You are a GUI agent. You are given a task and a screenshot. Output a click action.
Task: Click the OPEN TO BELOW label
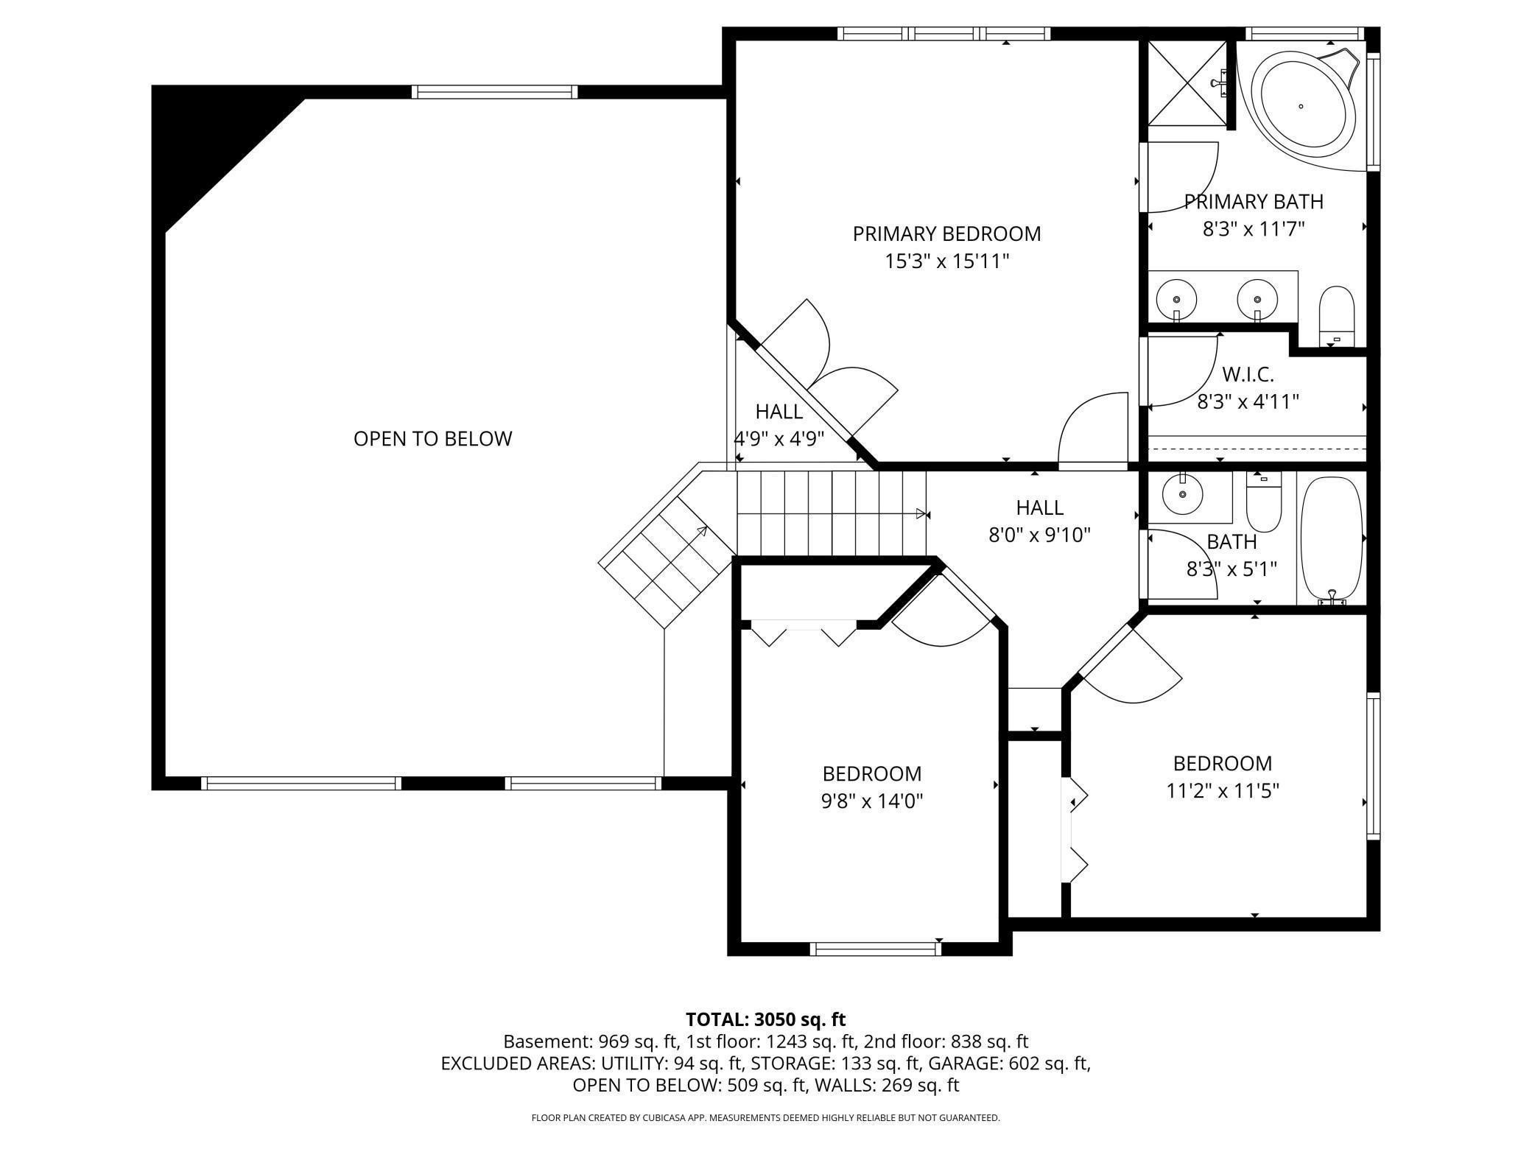tap(432, 438)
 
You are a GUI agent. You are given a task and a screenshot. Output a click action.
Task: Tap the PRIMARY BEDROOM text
tap(946, 233)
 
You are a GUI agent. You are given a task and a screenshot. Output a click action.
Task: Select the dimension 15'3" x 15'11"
tap(946, 261)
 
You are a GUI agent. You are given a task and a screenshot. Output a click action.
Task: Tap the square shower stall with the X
tap(1188, 83)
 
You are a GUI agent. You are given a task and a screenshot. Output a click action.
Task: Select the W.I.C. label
tap(1248, 374)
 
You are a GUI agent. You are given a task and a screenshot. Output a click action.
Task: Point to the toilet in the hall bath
tap(1264, 502)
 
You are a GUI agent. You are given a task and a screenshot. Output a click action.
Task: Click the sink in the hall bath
tap(1183, 494)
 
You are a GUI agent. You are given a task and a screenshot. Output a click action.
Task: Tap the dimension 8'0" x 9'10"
tap(1039, 535)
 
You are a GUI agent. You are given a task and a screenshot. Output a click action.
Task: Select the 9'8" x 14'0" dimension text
tap(872, 801)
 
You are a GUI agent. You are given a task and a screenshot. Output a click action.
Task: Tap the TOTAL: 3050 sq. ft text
tap(766, 1019)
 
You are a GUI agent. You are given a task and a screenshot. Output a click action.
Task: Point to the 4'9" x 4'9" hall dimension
tap(779, 438)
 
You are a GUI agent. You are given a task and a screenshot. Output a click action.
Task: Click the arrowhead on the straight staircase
tap(921, 513)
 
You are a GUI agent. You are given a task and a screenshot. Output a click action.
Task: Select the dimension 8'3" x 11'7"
tap(1254, 229)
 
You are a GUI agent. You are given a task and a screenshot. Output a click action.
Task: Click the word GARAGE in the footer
tap(959, 1064)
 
